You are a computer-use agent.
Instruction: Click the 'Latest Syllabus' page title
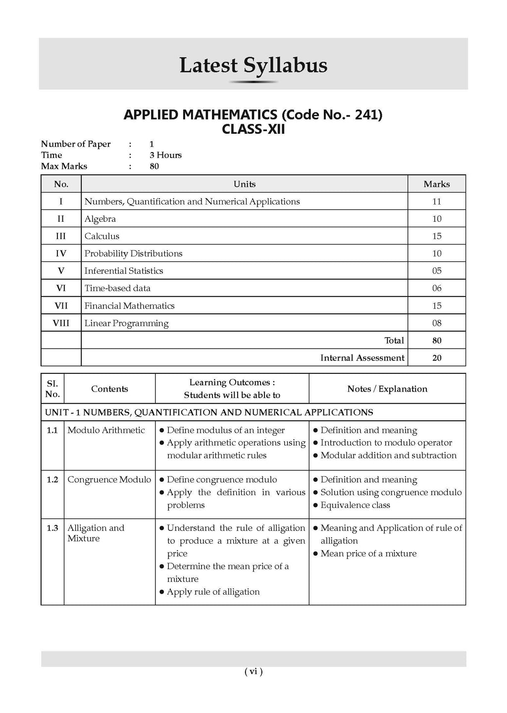(253, 65)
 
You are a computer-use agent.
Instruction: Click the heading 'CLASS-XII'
(253, 129)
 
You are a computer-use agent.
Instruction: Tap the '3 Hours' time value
(165, 155)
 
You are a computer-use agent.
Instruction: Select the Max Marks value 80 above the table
(154, 166)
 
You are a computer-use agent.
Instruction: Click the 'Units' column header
(244, 184)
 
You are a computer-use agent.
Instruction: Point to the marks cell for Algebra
(436, 219)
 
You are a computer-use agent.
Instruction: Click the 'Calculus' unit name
(102, 236)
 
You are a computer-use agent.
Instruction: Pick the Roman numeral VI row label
(61, 288)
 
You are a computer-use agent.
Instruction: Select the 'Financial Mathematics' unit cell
(129, 306)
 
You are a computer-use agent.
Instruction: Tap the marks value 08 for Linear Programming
(436, 323)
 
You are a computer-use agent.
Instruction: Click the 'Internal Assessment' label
(362, 358)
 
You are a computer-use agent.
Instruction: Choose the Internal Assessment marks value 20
(436, 358)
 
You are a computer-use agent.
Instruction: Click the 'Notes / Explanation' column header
(387, 389)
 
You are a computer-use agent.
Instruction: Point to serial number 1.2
(52, 480)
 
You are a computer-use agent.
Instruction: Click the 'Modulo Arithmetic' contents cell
(106, 430)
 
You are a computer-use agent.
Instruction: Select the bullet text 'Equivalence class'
(355, 505)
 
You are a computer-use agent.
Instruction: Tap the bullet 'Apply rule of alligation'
(213, 592)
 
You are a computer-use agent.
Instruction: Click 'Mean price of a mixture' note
(368, 554)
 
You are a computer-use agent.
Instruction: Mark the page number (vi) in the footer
(253, 671)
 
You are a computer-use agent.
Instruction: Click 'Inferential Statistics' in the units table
(124, 271)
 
